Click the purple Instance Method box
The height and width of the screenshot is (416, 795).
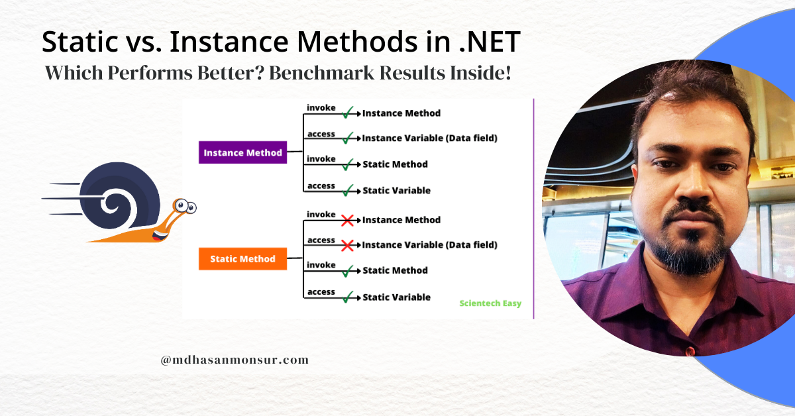pos(242,152)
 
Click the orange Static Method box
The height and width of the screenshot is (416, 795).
pos(242,258)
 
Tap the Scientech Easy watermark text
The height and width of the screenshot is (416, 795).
pos(490,303)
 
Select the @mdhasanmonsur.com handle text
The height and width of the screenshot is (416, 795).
pos(235,360)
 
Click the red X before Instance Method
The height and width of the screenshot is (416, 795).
pos(346,220)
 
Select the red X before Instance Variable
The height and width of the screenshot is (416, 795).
pos(346,245)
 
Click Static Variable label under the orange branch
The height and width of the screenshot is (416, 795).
pos(396,297)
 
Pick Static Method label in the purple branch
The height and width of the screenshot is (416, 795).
pos(395,164)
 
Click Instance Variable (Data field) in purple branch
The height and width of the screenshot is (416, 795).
pos(429,138)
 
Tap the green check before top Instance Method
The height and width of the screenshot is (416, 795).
pos(347,113)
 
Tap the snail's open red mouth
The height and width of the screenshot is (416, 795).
pos(158,234)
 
